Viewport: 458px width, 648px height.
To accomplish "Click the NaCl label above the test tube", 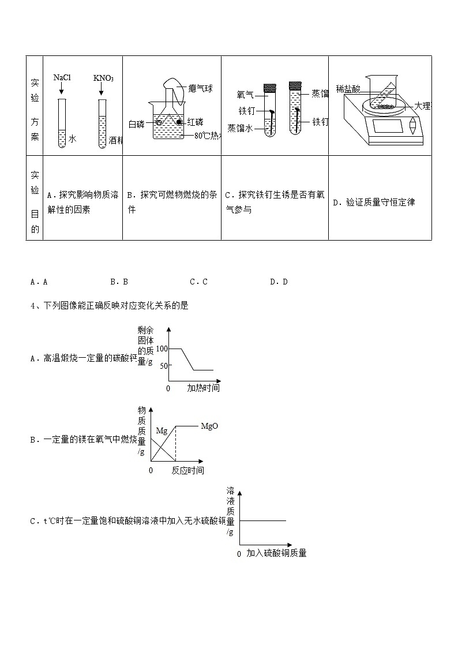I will click(x=62, y=77).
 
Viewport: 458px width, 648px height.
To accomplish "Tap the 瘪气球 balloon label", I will click(x=200, y=89).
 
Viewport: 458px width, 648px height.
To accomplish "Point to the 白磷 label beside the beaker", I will click(x=137, y=123).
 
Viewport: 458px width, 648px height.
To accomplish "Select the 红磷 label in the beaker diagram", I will click(x=194, y=122).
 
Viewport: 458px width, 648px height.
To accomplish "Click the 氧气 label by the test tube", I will click(x=245, y=94).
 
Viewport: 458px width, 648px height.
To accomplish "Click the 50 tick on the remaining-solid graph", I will click(x=163, y=365).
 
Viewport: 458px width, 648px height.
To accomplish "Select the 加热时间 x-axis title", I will click(x=203, y=388).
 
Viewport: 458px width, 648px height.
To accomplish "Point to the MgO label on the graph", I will click(x=209, y=426).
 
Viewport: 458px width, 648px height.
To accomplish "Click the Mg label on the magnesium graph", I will click(x=161, y=430).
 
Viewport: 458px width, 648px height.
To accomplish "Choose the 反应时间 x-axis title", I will click(x=187, y=470).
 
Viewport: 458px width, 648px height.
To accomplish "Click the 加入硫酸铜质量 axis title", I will click(x=276, y=553).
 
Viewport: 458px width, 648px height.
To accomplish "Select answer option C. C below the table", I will click(x=198, y=282).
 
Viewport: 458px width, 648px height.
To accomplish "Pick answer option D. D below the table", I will click(x=279, y=282).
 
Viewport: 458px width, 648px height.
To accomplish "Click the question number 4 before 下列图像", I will click(x=33, y=306).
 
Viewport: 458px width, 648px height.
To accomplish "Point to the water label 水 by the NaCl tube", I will click(x=72, y=138).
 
